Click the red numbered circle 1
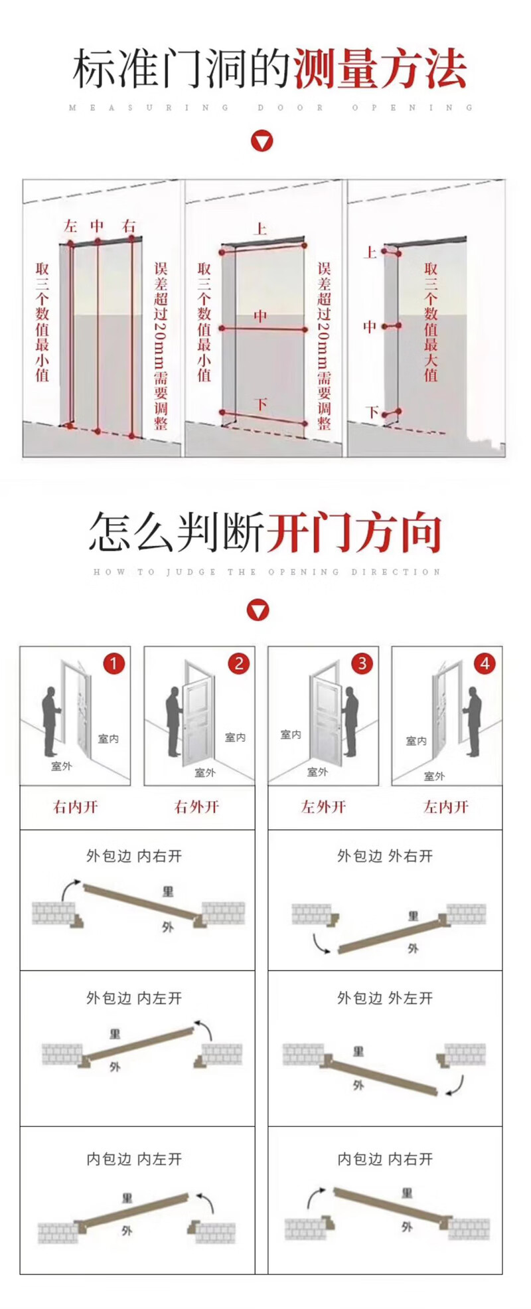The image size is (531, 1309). tap(114, 663)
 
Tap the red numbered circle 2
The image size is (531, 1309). tap(238, 663)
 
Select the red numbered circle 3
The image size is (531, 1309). tap(362, 663)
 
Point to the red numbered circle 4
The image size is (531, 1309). tap(485, 663)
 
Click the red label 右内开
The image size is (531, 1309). tap(75, 807)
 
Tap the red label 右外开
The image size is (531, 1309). tap(196, 807)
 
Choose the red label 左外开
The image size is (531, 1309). tap(323, 807)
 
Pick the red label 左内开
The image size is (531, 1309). tap(446, 807)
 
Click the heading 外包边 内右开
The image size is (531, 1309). tap(134, 856)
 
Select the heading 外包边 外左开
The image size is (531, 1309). tap(385, 998)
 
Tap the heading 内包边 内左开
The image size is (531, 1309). tap(134, 1159)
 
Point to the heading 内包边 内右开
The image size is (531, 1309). tap(385, 1159)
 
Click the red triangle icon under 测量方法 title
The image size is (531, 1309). tap(262, 141)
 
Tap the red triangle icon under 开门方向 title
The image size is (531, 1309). tap(258, 610)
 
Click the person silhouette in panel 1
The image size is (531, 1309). tap(50, 721)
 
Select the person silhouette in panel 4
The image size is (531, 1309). tap(473, 721)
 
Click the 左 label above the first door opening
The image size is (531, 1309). tap(70, 226)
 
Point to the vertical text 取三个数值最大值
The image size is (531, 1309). tap(431, 321)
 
